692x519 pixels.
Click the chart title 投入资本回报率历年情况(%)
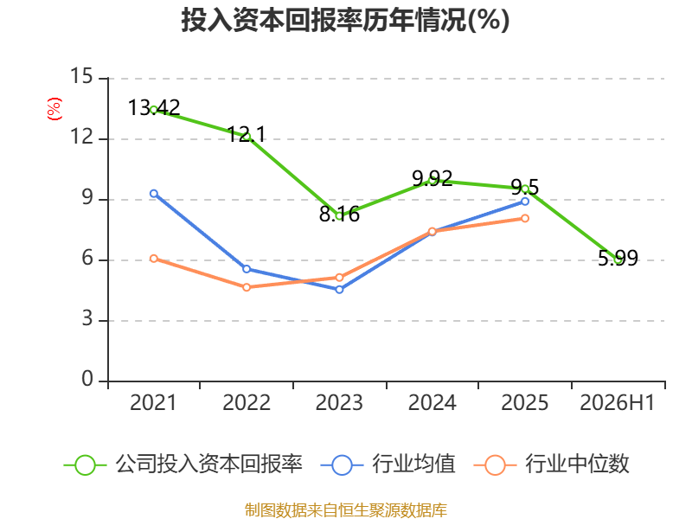tap(345, 20)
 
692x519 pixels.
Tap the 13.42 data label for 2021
tap(154, 107)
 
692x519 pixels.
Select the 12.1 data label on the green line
tap(247, 134)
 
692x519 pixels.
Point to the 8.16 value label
tap(339, 215)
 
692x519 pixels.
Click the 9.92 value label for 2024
tap(432, 178)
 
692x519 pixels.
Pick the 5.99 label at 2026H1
tap(618, 258)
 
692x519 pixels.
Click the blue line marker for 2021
tap(154, 194)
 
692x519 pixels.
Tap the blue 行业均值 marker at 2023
tap(339, 290)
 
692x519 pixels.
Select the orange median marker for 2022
tap(247, 287)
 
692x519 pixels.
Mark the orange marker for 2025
tap(525, 219)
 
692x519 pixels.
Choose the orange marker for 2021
tap(154, 259)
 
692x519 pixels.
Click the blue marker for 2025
tap(525, 202)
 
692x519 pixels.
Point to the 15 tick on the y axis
tap(81, 76)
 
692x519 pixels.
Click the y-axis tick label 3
tap(87, 318)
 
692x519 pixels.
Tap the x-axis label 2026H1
tap(618, 402)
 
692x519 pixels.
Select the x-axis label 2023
tap(339, 402)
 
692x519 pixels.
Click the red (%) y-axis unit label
tap(54, 109)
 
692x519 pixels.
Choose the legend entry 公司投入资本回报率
tap(183, 465)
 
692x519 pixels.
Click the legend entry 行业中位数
tap(552, 465)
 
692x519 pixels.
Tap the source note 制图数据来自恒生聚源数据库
tap(346, 510)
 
